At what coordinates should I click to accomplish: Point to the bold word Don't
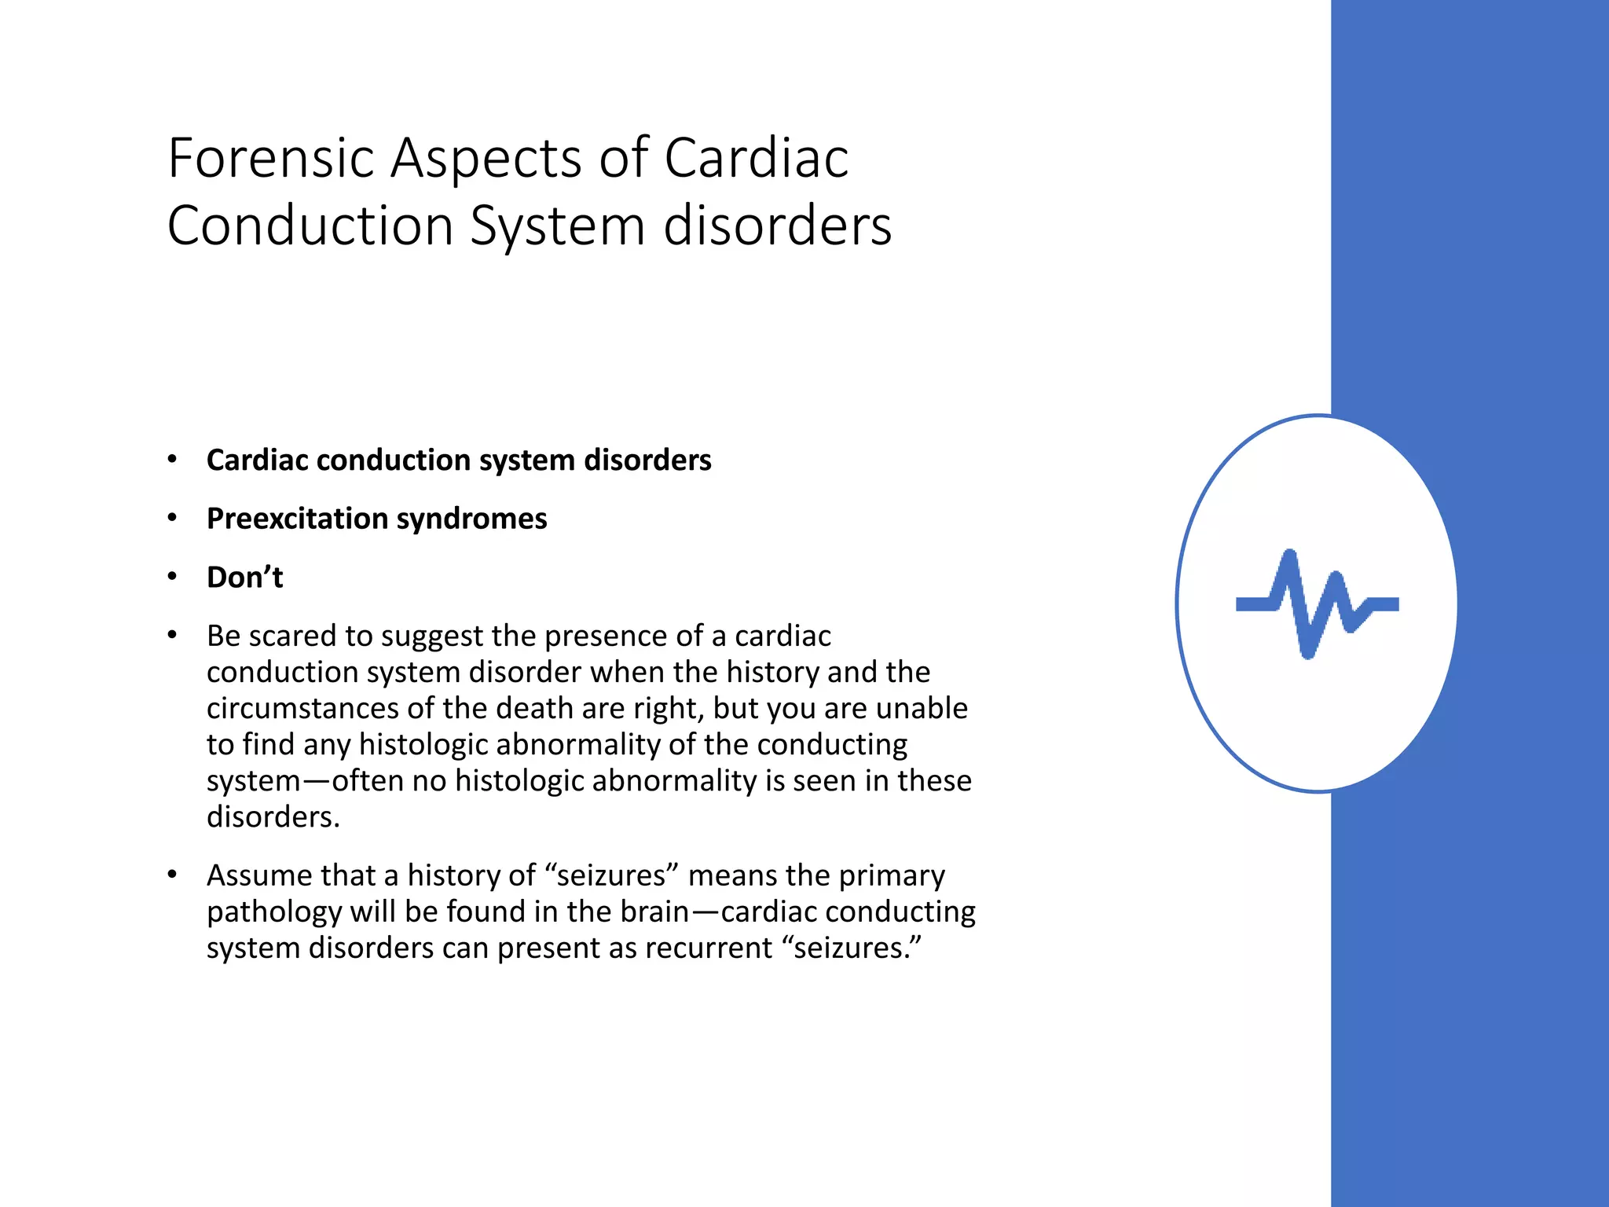tap(244, 577)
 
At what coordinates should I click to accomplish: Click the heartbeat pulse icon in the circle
tap(1318, 603)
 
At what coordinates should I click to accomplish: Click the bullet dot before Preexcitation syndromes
tap(172, 518)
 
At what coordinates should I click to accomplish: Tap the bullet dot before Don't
tap(172, 577)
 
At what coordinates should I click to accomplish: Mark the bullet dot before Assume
tap(172, 875)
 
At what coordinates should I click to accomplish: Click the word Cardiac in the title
tap(757, 158)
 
